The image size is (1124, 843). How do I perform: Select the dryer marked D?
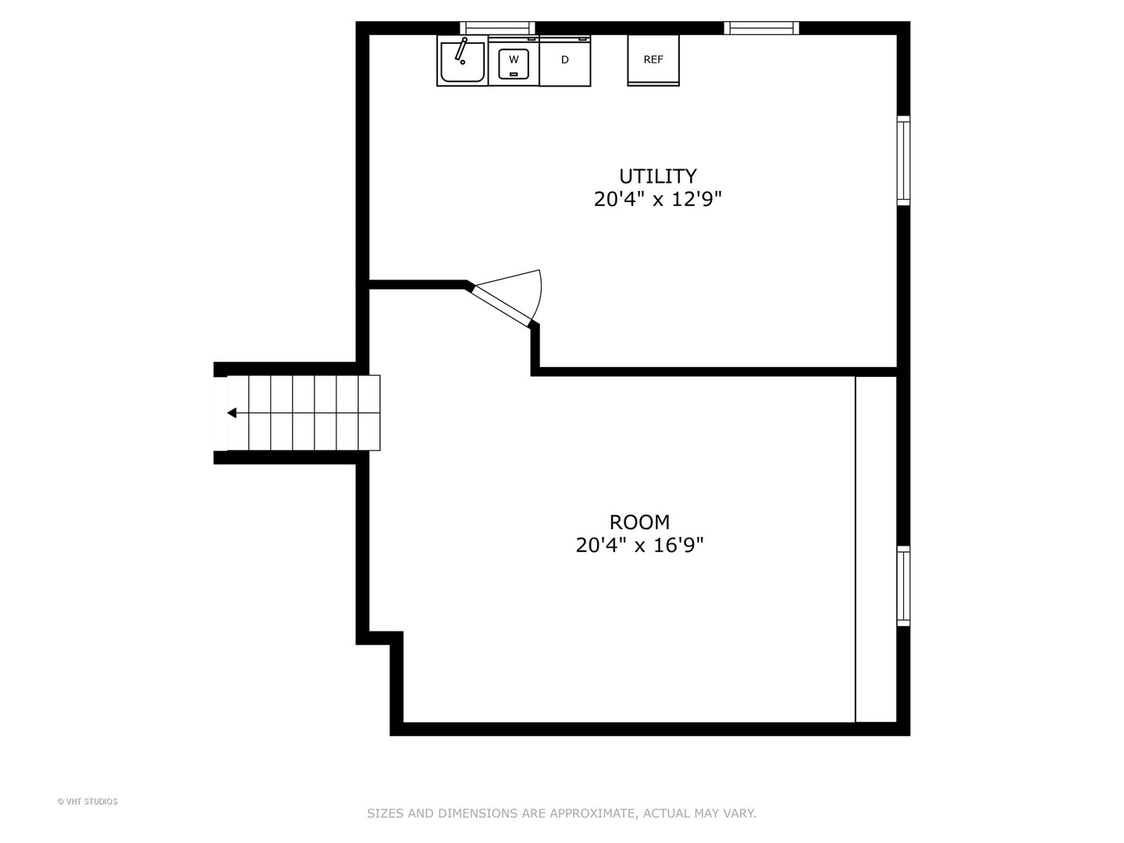565,61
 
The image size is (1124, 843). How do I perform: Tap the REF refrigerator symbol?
653,60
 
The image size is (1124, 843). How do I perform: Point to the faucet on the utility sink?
461,49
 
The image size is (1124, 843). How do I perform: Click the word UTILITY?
657,176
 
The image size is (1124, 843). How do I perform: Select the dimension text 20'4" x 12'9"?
657,200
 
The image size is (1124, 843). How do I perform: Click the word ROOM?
639,521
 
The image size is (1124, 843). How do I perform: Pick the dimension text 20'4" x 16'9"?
639,546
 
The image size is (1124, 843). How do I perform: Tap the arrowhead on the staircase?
232,413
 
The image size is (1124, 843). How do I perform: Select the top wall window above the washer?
497,28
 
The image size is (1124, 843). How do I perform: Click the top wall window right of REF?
761,28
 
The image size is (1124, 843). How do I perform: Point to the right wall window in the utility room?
903,160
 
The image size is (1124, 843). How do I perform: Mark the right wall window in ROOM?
903,586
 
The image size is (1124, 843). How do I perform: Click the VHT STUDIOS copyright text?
87,802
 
